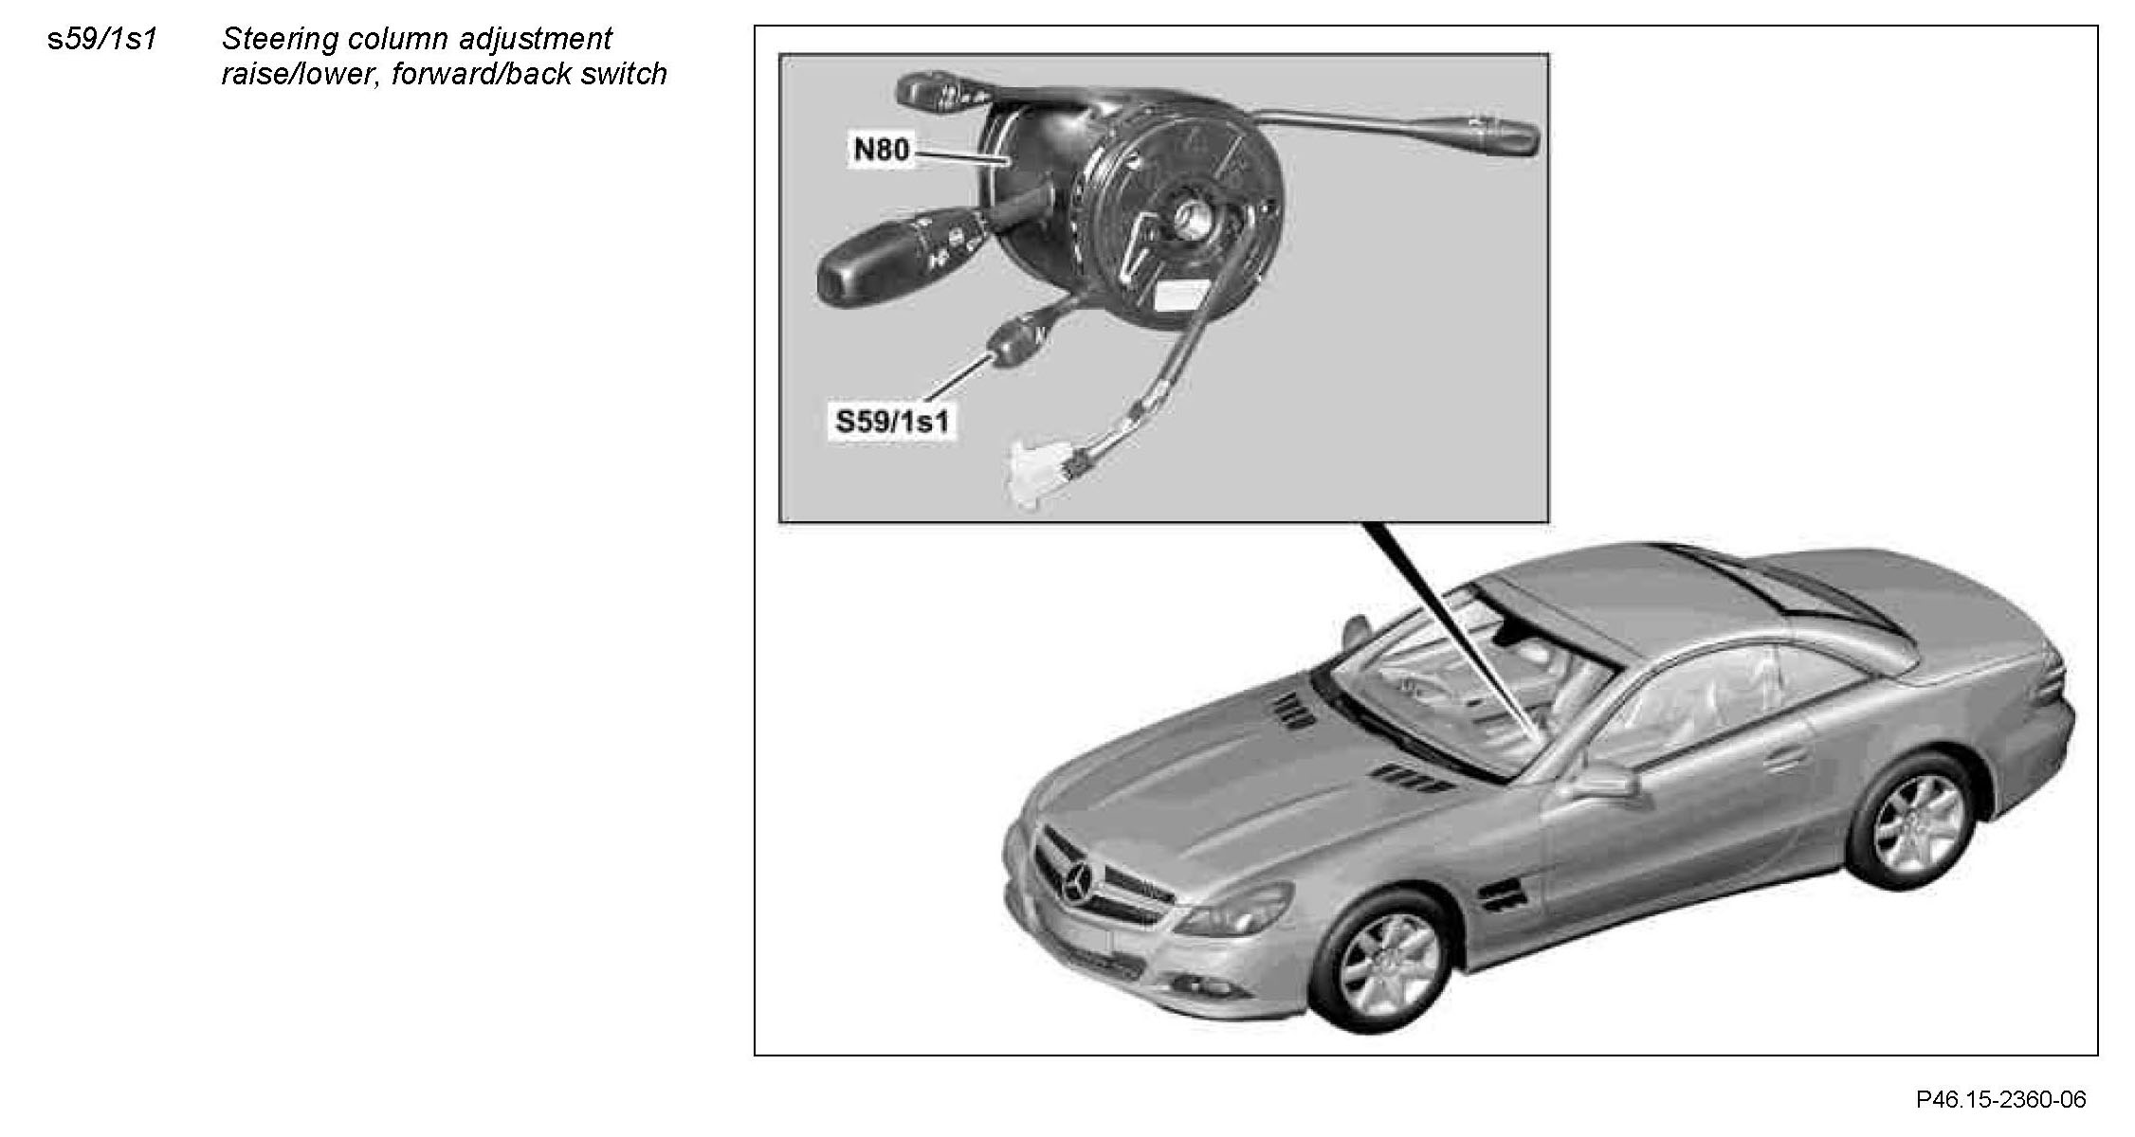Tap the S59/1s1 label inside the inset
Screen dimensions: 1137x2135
pos(891,422)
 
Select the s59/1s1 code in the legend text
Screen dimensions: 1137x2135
pos(101,39)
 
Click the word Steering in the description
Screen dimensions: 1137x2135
pos(279,39)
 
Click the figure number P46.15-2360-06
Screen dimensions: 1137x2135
pos(2000,1099)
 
